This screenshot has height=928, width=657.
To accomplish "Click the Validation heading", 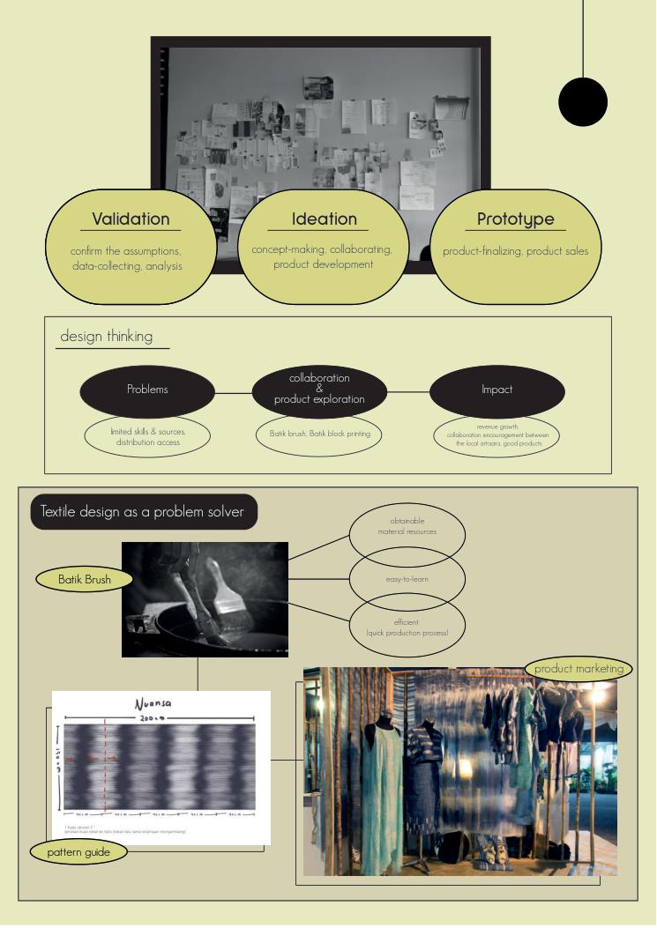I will [x=131, y=219].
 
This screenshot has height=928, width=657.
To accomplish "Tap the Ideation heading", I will [x=325, y=219].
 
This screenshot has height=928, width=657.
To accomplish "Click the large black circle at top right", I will [x=583, y=102].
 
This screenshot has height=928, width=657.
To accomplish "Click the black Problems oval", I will [x=147, y=390].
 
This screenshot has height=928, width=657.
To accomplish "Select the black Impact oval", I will [x=496, y=390].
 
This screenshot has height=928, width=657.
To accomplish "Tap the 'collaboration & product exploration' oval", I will [x=319, y=389].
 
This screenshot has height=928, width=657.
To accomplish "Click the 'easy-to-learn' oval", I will [x=407, y=580].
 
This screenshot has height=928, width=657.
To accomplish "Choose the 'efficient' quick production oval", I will [x=407, y=627].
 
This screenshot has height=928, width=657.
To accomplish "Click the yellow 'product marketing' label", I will [x=579, y=669].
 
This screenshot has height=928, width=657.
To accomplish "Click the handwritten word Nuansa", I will [x=155, y=705].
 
